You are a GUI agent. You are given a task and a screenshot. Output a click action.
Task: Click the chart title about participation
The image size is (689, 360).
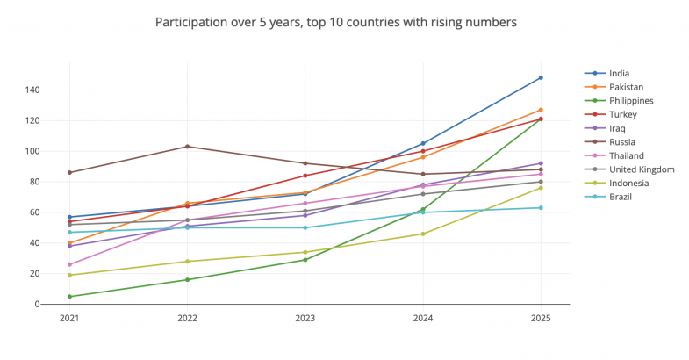(336, 20)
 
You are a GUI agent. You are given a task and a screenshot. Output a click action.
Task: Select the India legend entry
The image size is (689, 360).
(619, 74)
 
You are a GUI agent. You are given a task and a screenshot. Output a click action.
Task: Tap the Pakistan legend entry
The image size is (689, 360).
(626, 87)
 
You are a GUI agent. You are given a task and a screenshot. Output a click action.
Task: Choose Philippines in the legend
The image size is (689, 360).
(631, 101)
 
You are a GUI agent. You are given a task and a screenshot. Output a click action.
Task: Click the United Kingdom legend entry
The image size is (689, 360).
(642, 169)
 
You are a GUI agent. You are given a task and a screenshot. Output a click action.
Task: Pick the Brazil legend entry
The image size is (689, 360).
(620, 197)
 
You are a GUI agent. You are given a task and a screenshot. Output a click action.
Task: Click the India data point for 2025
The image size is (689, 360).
(541, 77)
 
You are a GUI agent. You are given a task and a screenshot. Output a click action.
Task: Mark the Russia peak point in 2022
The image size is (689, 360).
(187, 147)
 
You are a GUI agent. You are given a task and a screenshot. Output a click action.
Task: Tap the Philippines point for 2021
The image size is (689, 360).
(69, 297)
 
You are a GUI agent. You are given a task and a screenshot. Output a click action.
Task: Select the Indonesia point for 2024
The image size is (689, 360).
(423, 234)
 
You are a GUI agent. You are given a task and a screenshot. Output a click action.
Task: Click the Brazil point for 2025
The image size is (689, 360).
(541, 208)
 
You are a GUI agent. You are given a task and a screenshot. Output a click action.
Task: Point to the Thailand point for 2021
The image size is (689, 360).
(69, 264)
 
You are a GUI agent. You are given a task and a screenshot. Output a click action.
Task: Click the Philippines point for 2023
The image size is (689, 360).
(305, 260)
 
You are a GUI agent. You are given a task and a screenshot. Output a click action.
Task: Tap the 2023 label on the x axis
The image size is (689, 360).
(305, 319)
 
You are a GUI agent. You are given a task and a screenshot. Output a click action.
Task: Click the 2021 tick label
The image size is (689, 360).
(69, 319)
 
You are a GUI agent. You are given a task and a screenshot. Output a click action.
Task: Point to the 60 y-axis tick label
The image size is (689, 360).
(33, 212)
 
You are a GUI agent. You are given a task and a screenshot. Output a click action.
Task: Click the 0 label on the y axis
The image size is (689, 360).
(37, 305)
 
